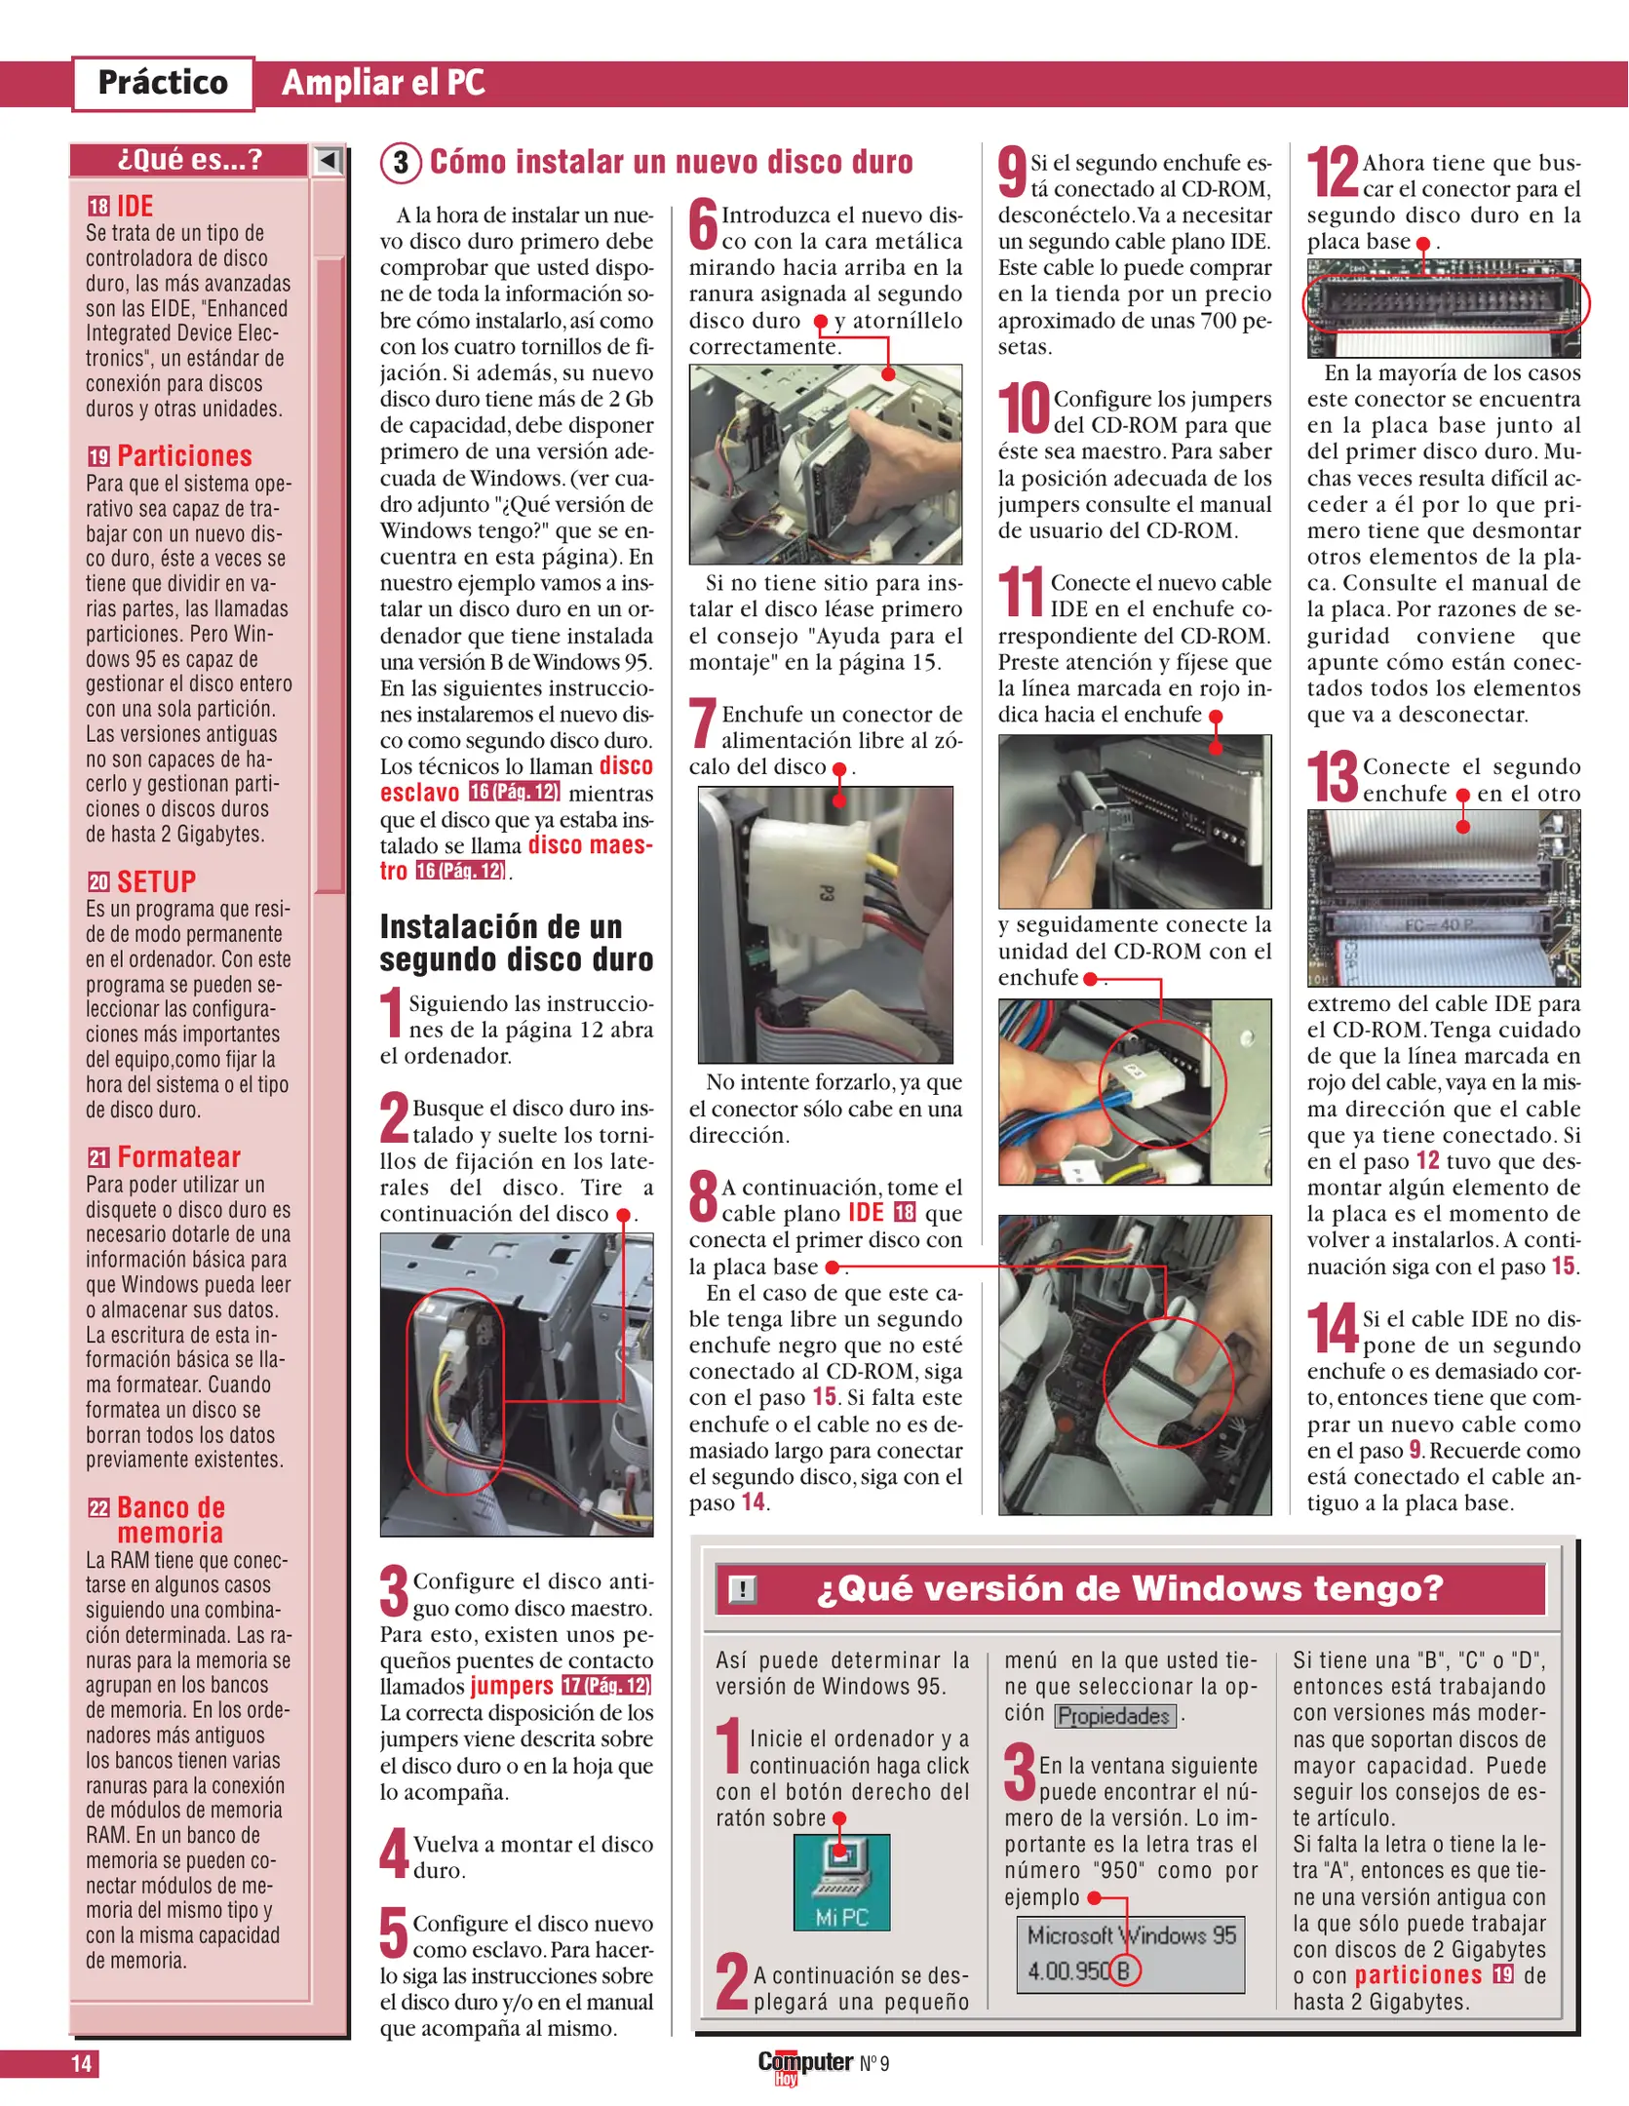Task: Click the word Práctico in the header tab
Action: click(163, 83)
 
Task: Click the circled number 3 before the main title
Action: click(401, 162)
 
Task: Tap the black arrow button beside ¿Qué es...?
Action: click(329, 160)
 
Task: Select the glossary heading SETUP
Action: click(156, 881)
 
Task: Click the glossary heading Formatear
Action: click(178, 1156)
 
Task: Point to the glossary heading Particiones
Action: click(184, 455)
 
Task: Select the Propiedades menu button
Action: click(1114, 1716)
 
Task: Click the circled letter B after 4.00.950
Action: click(1122, 1970)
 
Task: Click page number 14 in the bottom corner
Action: click(81, 2063)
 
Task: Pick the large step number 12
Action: click(1332, 173)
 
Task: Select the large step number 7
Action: click(703, 724)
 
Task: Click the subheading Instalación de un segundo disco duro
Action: click(516, 942)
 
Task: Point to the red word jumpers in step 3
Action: click(512, 1686)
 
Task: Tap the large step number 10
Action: click(1023, 408)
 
